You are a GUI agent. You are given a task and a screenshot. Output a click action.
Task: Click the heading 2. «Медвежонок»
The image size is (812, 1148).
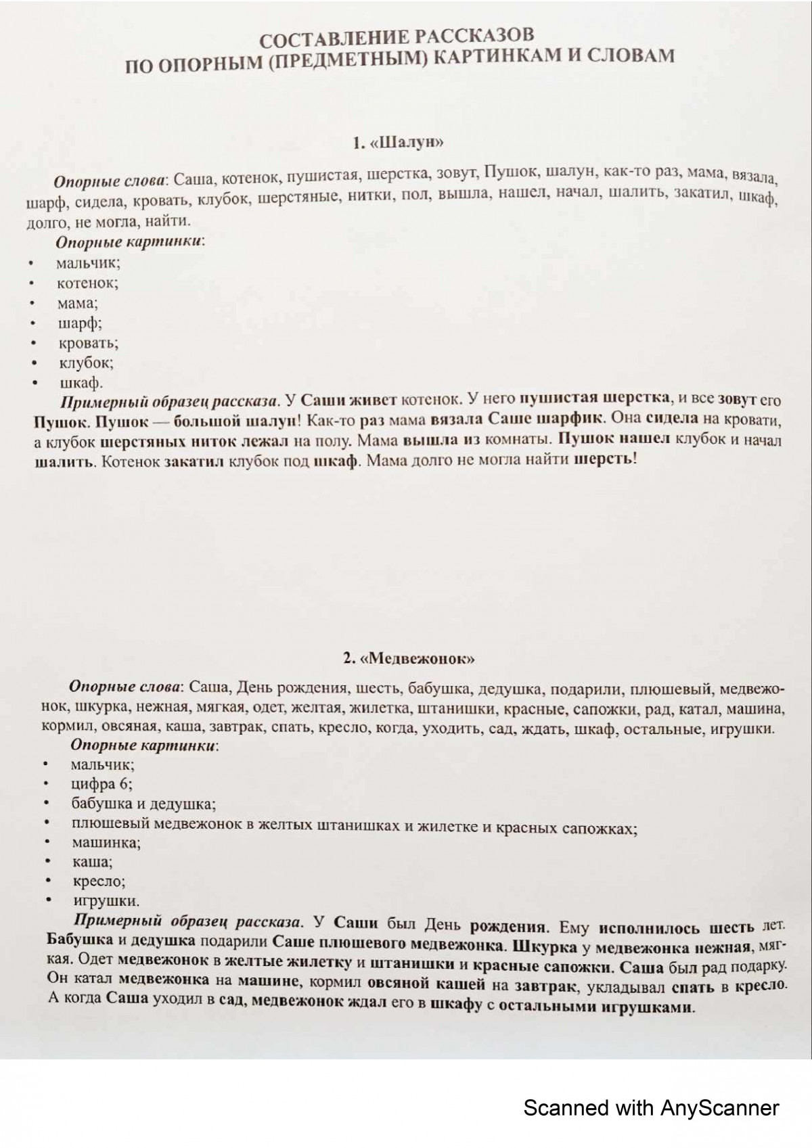click(409, 658)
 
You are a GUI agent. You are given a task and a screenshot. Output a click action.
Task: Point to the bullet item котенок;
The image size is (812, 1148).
click(87, 283)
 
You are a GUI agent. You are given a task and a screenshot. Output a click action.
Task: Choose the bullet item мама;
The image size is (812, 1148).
click(77, 303)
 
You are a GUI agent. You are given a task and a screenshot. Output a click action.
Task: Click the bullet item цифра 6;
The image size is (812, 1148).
click(101, 784)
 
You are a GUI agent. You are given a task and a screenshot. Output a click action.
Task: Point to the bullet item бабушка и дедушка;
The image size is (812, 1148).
click(143, 804)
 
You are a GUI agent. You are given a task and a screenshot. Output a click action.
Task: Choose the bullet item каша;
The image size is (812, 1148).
click(93, 862)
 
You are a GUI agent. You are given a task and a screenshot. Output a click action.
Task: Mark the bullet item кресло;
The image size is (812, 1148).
click(99, 881)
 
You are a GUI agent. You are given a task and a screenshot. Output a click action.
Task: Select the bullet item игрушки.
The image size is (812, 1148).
click(106, 901)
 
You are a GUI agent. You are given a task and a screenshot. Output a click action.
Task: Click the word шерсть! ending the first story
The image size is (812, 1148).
click(605, 460)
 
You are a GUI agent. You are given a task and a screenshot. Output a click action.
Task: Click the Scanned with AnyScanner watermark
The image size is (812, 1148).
click(651, 1108)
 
